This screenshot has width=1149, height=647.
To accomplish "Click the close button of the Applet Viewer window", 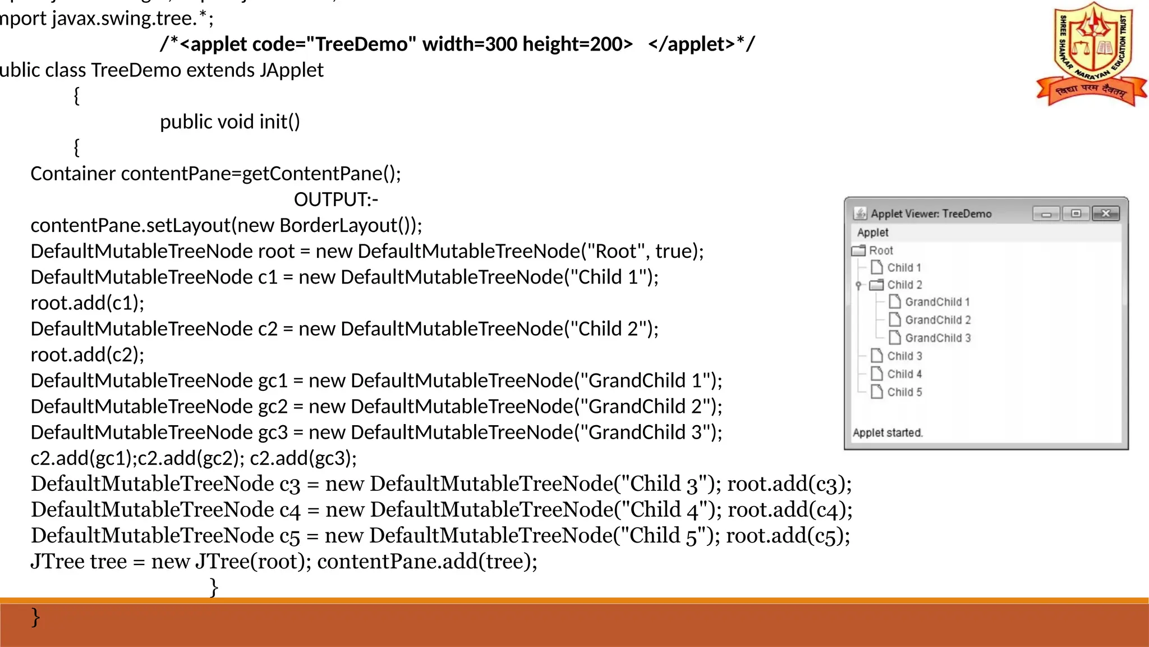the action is click(x=1105, y=213).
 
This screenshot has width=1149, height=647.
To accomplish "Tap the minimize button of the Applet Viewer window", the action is click(x=1046, y=214).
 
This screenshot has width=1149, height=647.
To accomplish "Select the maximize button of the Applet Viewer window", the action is click(x=1076, y=213).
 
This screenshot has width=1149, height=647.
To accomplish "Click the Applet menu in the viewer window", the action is click(x=872, y=233).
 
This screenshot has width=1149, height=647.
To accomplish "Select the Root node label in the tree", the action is click(x=881, y=250).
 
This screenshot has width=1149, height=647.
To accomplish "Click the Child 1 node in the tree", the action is click(x=904, y=268).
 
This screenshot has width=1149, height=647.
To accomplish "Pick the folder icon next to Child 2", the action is click(x=876, y=285).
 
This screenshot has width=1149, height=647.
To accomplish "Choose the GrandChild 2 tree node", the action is click(x=937, y=320).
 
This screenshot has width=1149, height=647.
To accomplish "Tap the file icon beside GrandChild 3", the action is click(x=895, y=338).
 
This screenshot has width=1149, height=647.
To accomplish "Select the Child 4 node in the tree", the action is click(x=904, y=374).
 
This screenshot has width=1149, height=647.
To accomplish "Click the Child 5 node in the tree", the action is click(x=904, y=392).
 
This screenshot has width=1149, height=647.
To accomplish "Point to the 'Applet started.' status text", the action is click(x=888, y=432).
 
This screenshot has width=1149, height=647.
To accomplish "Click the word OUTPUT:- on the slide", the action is click(x=336, y=199).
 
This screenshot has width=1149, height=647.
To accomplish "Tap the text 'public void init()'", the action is click(x=230, y=122).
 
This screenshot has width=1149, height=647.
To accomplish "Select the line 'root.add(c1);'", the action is click(x=88, y=303).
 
